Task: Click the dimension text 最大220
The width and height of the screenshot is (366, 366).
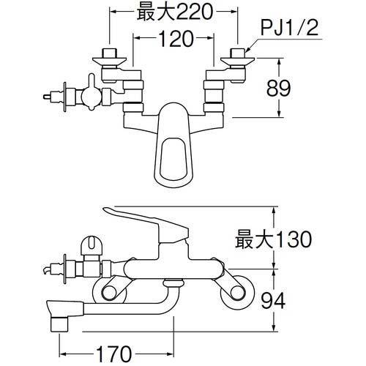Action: [173, 12]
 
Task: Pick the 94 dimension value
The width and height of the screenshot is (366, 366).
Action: [291, 298]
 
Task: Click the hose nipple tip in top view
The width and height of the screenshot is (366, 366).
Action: [49, 95]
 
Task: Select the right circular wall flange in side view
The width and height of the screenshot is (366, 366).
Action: [236, 292]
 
